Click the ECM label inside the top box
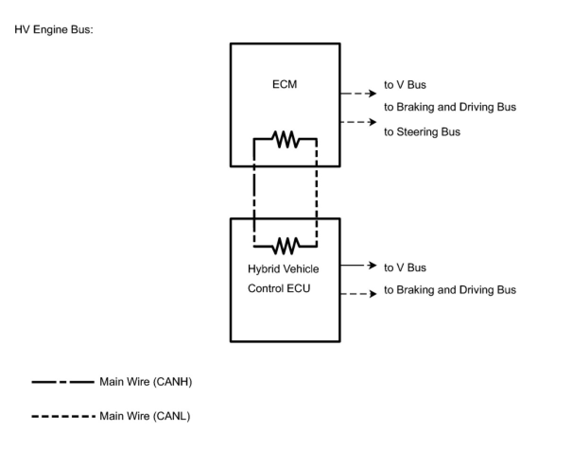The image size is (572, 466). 285,84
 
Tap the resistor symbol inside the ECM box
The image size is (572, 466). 285,139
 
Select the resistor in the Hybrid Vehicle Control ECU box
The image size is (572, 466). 286,246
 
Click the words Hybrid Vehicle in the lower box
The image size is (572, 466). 283,269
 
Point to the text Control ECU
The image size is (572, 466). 279,288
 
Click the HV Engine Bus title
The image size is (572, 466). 54,29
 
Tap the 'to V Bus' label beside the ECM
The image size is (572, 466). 405,85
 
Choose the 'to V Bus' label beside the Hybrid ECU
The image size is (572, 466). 405,268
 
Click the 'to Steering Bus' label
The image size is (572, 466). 422,132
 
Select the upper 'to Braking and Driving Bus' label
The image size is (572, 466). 450,107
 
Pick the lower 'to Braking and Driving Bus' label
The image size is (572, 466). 450,290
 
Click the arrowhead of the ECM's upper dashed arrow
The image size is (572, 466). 373,94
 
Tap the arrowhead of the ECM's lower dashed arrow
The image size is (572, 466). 373,122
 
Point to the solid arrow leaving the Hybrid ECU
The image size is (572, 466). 358,265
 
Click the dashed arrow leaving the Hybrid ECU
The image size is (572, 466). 358,293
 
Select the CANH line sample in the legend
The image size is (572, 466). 63,382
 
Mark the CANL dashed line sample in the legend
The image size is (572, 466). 63,416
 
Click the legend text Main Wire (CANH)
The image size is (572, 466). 146,382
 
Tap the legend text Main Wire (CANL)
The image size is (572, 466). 145,416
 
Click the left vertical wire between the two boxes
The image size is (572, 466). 254,192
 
